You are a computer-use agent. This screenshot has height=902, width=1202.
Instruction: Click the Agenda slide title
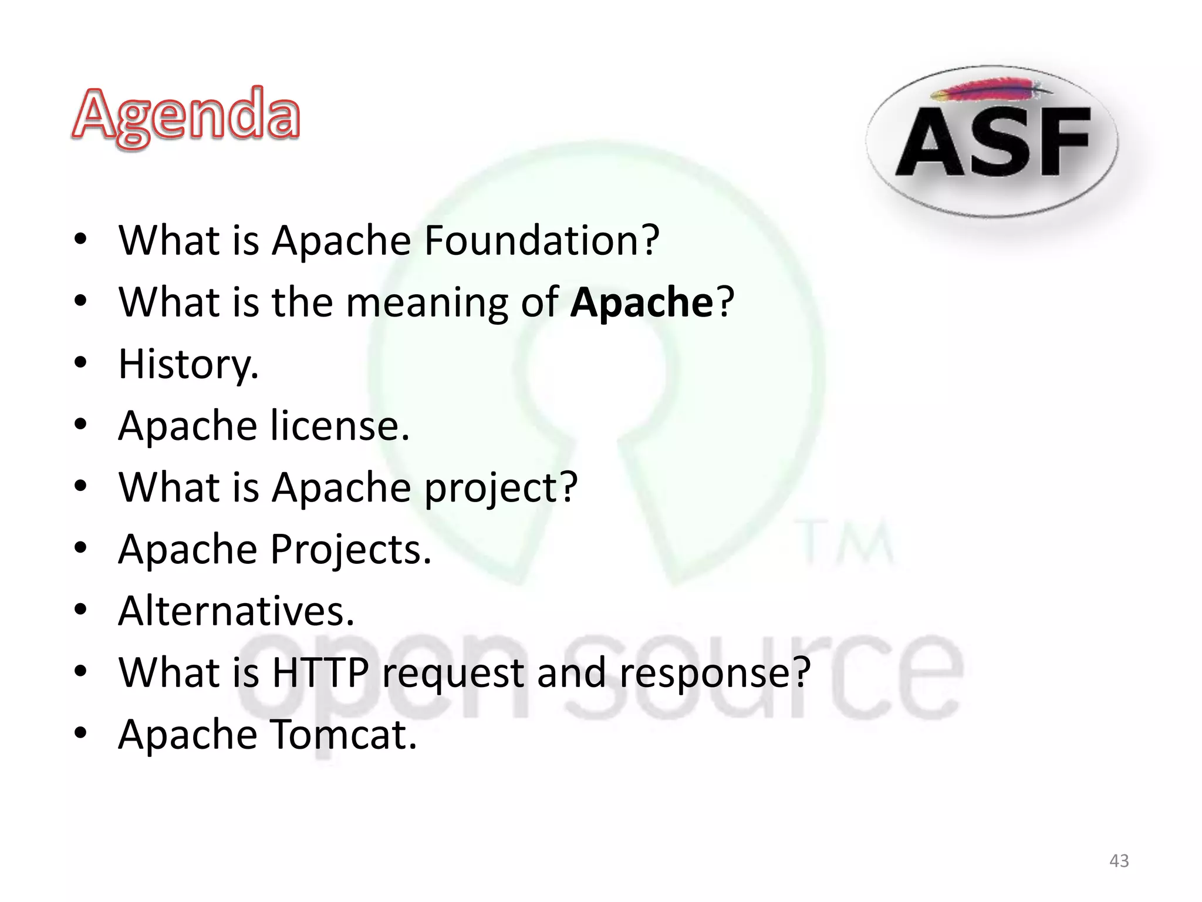click(x=186, y=116)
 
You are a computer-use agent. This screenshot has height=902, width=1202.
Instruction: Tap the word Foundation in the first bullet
click(x=541, y=241)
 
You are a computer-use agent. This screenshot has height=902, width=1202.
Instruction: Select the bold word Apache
click(x=641, y=302)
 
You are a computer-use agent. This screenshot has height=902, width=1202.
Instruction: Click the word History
click(x=188, y=365)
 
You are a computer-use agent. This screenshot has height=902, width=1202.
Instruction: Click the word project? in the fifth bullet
click(x=501, y=488)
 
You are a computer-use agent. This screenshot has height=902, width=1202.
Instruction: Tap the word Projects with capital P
click(x=351, y=550)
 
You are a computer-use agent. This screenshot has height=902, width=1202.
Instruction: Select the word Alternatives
click(x=236, y=611)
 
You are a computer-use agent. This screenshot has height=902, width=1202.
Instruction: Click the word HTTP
click(x=320, y=673)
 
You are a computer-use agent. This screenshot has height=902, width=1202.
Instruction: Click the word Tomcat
click(x=344, y=735)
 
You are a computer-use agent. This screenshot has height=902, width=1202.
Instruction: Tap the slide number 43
click(x=1119, y=861)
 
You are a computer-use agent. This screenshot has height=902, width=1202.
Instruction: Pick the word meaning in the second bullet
click(x=427, y=304)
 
